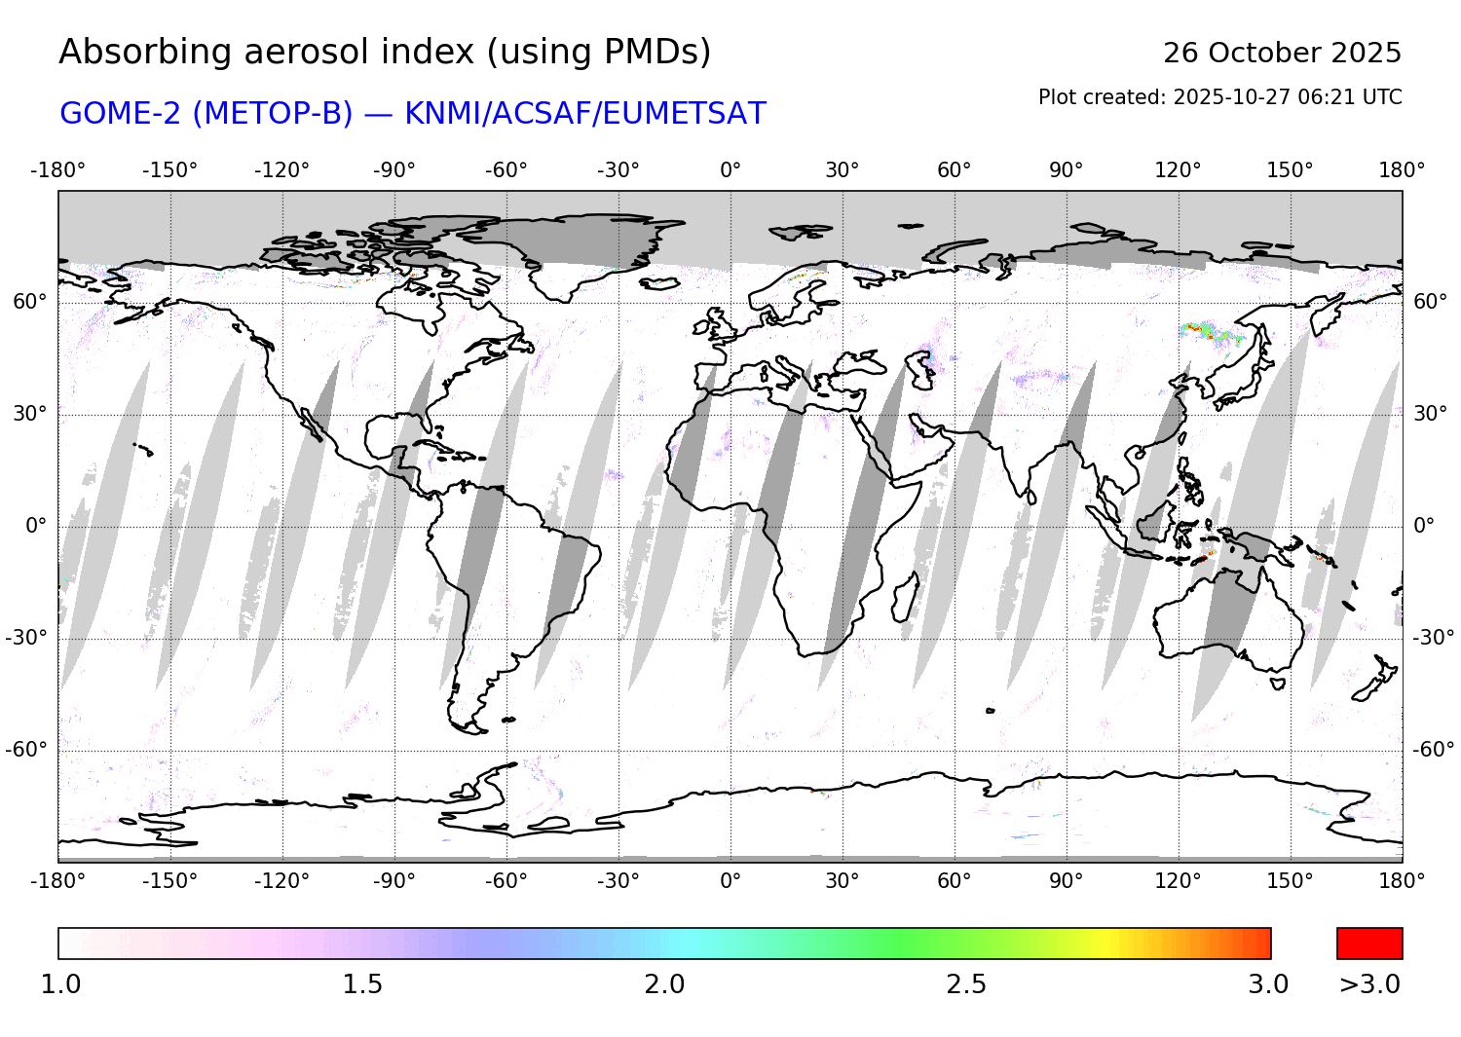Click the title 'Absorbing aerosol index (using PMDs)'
[385, 52]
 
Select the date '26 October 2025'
[1282, 53]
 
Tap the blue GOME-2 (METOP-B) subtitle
[413, 114]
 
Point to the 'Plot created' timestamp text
[1219, 97]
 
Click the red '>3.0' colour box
[1369, 944]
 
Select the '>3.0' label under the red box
[1369, 984]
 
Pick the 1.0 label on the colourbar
[60, 984]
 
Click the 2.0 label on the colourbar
[664, 984]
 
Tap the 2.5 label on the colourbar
[966, 984]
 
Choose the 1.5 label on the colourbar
[362, 984]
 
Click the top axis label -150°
[169, 170]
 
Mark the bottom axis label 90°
[1066, 880]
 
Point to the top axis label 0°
[730, 170]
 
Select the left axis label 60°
[29, 302]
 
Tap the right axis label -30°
[1433, 638]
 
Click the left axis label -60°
[26, 750]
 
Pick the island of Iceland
[659, 283]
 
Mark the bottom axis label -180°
[57, 880]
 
